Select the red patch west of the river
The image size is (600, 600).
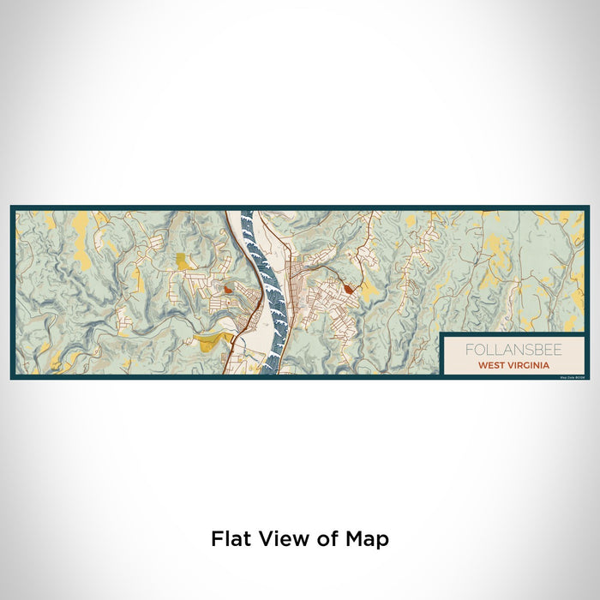[227, 290]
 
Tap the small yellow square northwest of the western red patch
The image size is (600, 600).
[182, 261]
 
